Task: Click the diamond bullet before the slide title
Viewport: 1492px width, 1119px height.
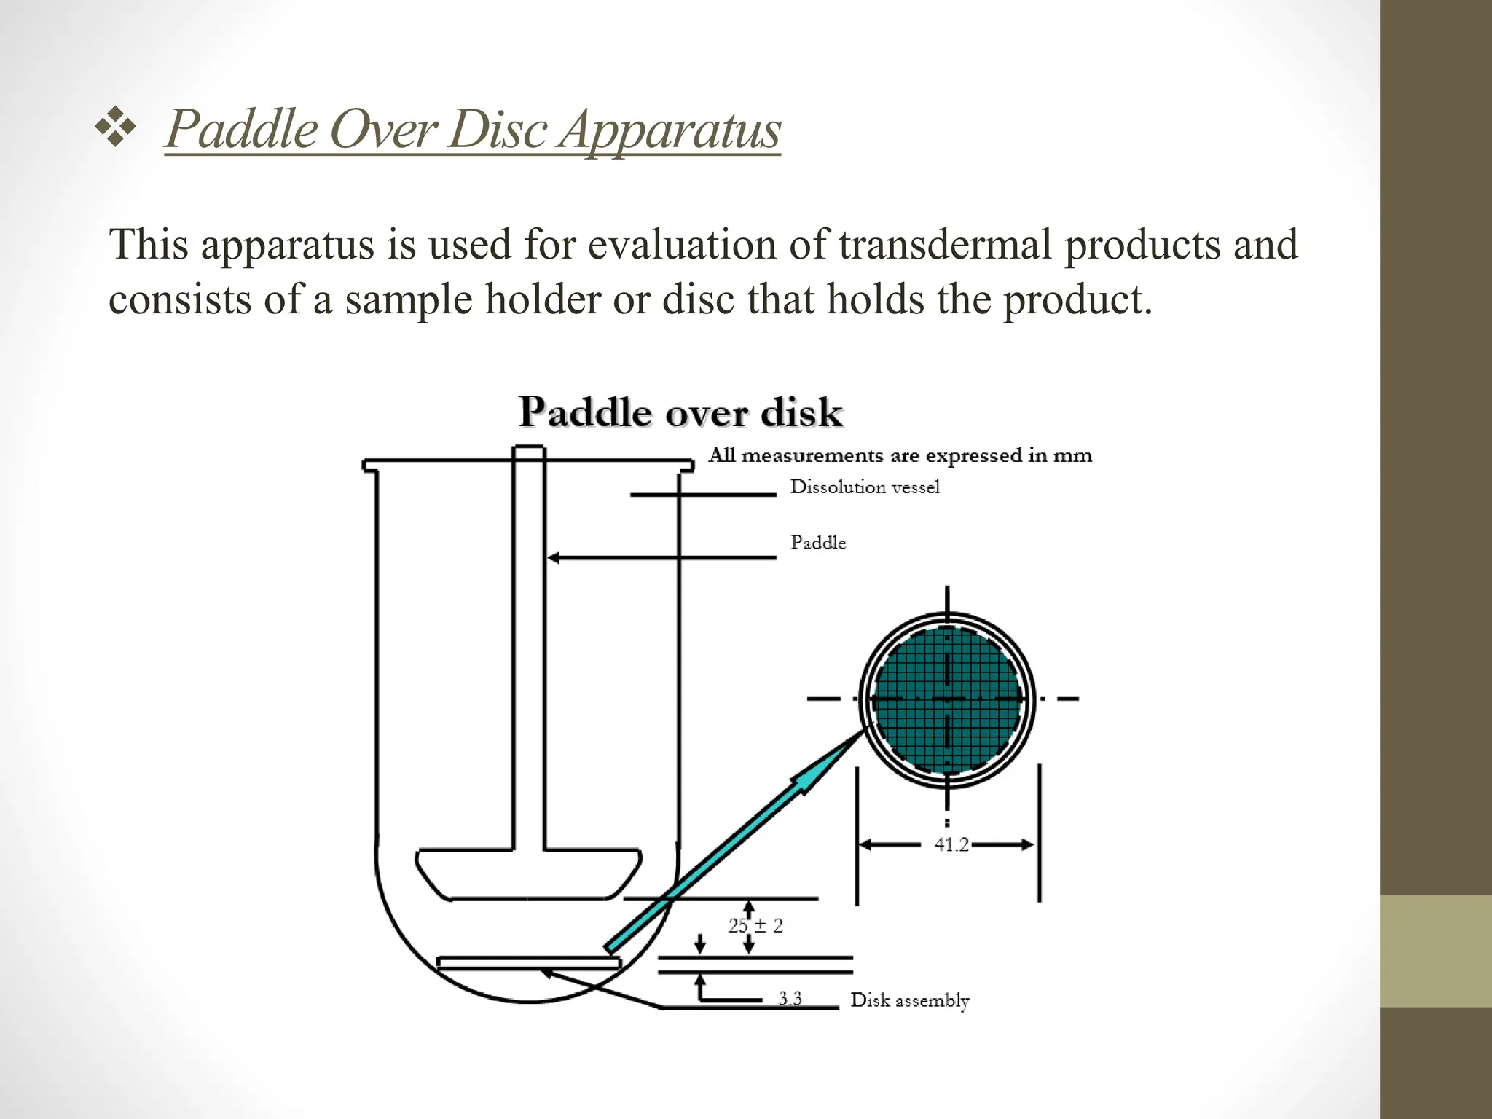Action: point(115,129)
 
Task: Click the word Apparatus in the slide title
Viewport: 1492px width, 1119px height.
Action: point(670,130)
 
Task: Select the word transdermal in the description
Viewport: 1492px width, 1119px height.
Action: point(945,244)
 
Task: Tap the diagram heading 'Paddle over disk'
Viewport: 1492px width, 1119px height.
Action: point(680,412)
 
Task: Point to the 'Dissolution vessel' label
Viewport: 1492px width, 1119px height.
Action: point(865,487)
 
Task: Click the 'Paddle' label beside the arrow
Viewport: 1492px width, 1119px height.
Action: point(818,543)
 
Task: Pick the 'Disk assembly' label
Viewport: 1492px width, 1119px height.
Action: point(910,1000)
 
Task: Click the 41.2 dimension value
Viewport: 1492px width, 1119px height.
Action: point(951,845)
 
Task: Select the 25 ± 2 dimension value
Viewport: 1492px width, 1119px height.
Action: point(755,926)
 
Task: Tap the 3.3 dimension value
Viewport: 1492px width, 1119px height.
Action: point(790,998)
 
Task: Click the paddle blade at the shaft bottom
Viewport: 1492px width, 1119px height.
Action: point(528,874)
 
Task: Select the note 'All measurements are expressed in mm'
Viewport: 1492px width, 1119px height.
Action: point(900,455)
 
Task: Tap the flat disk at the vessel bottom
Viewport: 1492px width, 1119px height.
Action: point(528,963)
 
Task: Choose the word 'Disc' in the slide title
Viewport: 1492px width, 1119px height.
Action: point(497,130)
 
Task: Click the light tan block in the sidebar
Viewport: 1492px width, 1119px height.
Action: point(1435,951)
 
